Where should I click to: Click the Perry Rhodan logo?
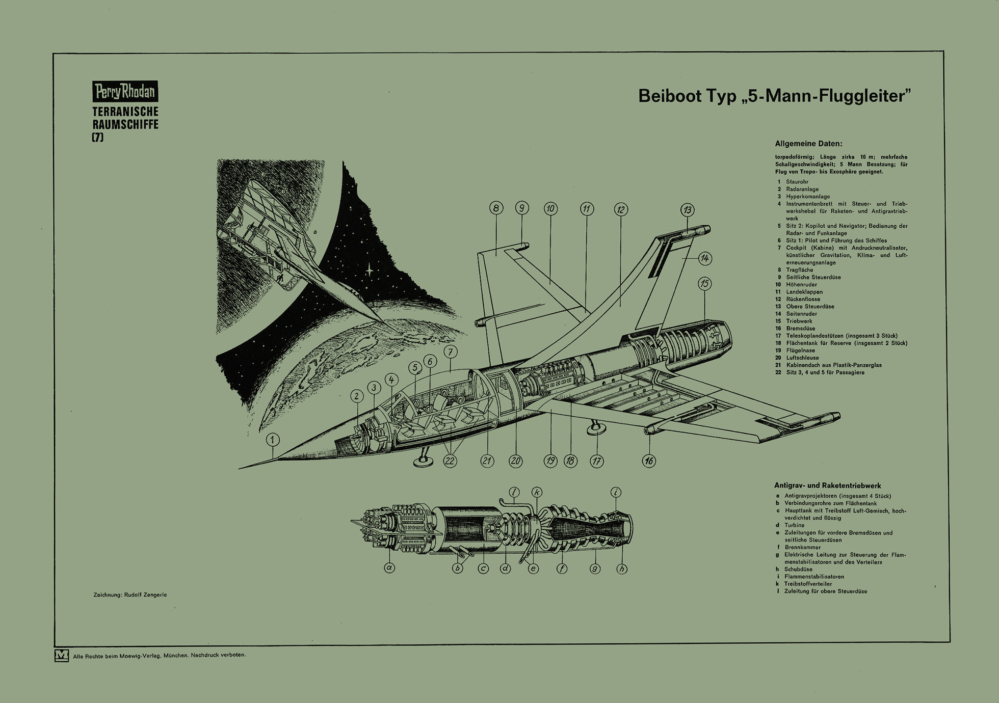(x=125, y=91)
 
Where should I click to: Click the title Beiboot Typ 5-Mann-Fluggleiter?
(x=774, y=96)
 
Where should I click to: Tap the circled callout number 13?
(x=688, y=210)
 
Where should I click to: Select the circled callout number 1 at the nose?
(x=273, y=440)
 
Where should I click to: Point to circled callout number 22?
(x=450, y=461)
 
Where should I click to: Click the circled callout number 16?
(x=649, y=461)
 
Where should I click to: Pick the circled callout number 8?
(x=496, y=208)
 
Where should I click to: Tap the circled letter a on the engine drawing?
(x=389, y=567)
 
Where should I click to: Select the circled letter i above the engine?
(x=616, y=492)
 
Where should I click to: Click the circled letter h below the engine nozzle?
(x=621, y=569)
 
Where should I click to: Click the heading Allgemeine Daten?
(x=808, y=144)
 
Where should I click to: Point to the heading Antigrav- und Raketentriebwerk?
(x=827, y=485)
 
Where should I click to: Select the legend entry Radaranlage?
(x=802, y=189)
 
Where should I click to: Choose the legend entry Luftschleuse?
(x=804, y=358)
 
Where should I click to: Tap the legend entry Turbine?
(x=794, y=525)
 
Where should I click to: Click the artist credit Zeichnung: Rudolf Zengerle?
(x=130, y=594)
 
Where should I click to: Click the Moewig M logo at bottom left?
(x=62, y=655)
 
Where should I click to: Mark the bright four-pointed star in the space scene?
(x=369, y=269)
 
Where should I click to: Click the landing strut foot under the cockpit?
(x=423, y=462)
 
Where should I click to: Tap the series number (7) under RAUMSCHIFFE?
(x=97, y=137)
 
